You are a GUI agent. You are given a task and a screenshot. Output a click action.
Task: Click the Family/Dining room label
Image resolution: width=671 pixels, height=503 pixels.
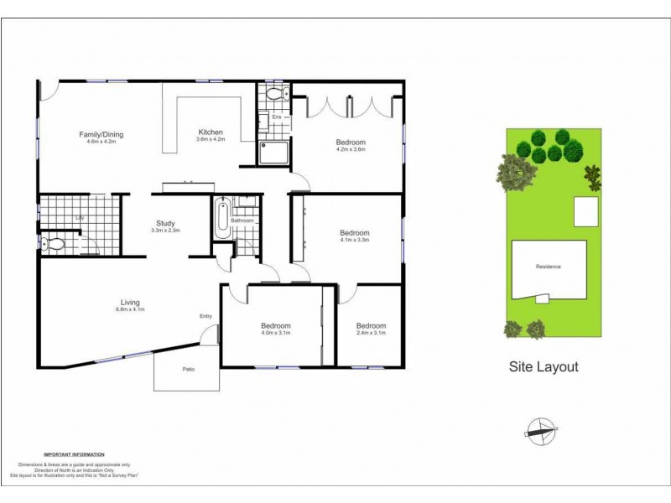click(101, 134)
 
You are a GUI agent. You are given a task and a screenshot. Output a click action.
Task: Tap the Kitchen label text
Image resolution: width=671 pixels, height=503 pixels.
click(210, 132)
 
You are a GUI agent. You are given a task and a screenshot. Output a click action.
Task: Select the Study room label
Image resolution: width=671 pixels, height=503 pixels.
click(165, 224)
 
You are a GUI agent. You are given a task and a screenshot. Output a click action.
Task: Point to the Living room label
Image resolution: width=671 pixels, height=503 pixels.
click(129, 303)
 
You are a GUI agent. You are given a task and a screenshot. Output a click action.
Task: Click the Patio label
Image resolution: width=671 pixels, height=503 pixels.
click(189, 370)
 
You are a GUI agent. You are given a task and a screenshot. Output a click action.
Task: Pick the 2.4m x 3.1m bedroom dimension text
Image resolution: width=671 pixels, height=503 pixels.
click(371, 334)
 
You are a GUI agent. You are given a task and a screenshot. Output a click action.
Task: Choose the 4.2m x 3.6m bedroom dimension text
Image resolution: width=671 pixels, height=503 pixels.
click(351, 150)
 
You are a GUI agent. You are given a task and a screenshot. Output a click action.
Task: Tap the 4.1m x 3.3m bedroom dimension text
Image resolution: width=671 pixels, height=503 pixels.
click(355, 241)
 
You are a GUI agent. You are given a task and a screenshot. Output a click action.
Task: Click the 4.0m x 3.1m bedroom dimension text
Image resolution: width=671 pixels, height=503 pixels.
click(275, 334)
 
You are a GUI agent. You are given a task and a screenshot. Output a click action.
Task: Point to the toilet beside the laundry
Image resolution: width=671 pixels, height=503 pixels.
click(54, 245)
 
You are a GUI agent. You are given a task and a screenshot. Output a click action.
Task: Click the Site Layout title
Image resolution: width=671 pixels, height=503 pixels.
click(544, 367)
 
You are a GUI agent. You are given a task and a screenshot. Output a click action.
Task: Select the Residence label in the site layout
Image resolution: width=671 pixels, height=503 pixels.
click(548, 267)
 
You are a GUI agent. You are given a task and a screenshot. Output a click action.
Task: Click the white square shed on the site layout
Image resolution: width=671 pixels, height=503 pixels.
click(585, 212)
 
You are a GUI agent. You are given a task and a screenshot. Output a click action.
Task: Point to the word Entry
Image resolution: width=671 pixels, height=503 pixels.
click(205, 316)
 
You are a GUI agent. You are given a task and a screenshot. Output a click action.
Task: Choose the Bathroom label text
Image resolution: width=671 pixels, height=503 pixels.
click(242, 220)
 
